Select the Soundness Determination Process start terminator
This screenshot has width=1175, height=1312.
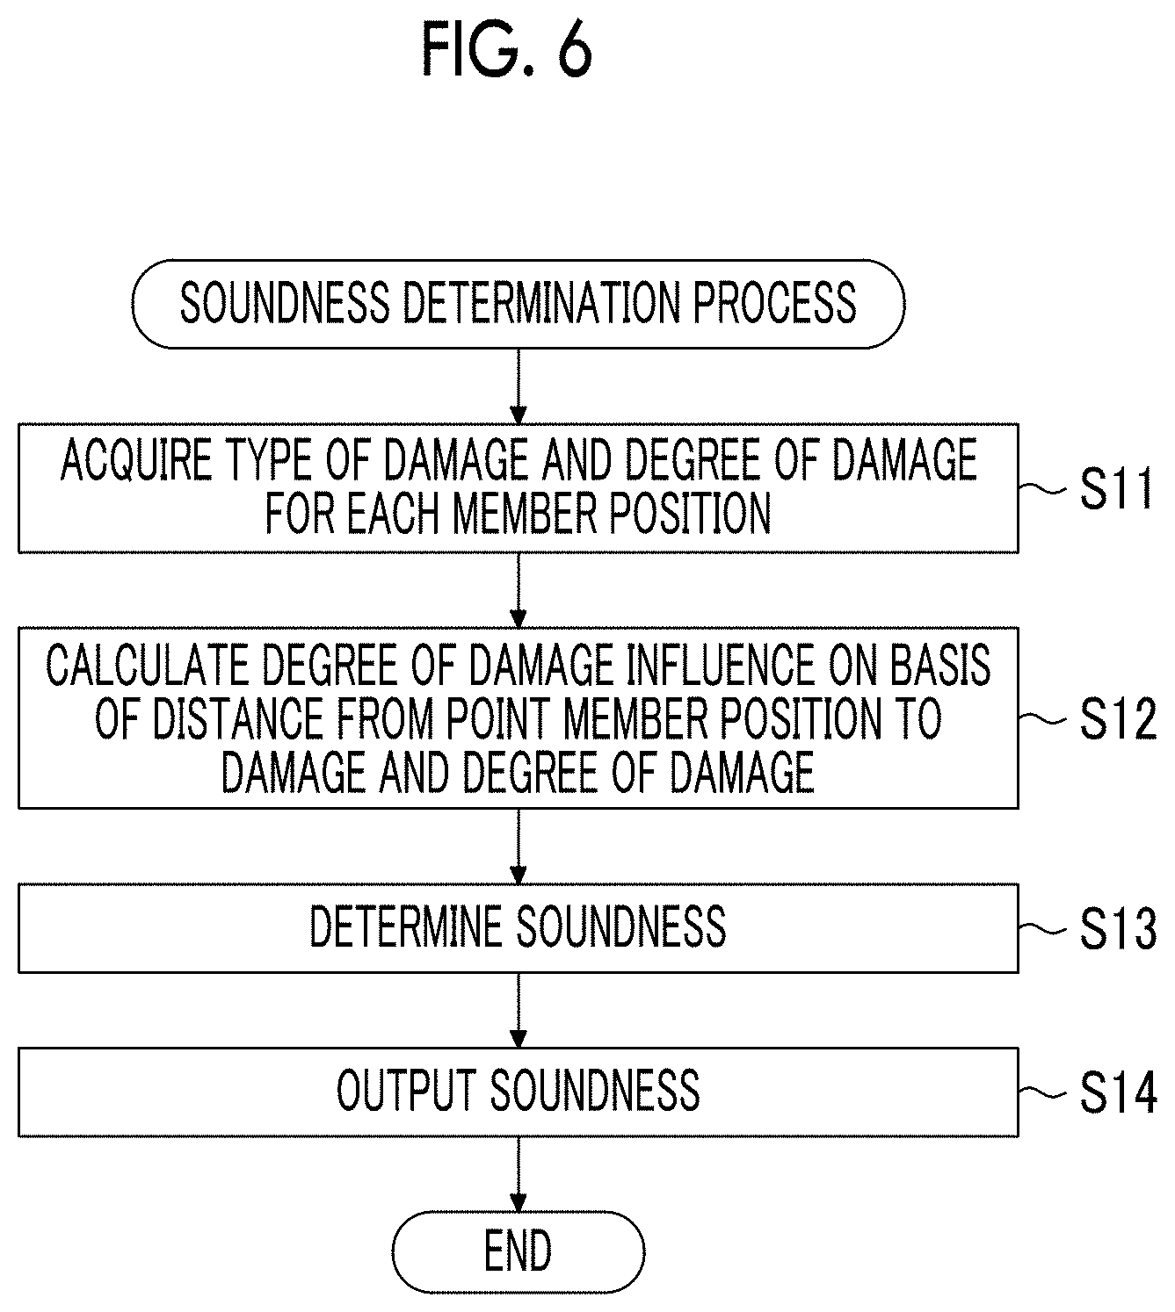click(x=518, y=304)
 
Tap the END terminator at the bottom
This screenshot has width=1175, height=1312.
click(x=518, y=1251)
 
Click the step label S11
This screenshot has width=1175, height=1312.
click(x=1115, y=488)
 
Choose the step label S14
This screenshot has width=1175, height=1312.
click(x=1117, y=1092)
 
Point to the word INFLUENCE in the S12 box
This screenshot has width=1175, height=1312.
click(x=714, y=665)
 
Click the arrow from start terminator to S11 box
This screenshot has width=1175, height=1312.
click(x=519, y=386)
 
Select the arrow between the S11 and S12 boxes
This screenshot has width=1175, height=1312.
click(x=519, y=589)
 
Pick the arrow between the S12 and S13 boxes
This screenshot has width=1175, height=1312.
click(x=519, y=846)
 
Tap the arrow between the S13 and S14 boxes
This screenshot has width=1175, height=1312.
click(x=519, y=1010)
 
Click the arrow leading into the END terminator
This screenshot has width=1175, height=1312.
click(x=519, y=1174)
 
